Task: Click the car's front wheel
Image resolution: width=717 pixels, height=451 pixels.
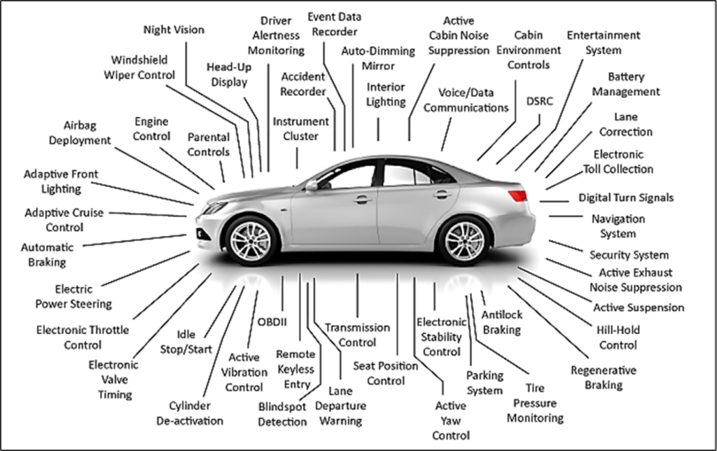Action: [250, 241]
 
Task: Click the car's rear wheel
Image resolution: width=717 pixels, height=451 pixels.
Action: [464, 241]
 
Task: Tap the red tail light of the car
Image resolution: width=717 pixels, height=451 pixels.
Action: [518, 196]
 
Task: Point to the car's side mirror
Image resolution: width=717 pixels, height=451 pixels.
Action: [312, 185]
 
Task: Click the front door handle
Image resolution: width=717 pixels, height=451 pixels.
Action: [363, 200]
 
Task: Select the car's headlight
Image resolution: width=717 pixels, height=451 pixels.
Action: [215, 208]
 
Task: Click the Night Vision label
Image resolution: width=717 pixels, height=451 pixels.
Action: [174, 29]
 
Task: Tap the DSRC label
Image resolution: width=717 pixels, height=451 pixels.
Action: [540, 101]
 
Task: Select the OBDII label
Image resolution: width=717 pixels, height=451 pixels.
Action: [272, 322]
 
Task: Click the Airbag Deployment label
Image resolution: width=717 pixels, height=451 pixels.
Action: [80, 132]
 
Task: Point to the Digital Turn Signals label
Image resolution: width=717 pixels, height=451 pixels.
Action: [626, 197]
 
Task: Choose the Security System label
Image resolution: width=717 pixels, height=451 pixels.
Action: [629, 255]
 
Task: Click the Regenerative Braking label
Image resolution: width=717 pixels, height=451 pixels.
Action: [604, 377]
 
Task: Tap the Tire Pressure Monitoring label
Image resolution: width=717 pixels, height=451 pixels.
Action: [535, 403]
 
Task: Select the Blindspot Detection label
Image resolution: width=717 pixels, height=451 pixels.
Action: [282, 414]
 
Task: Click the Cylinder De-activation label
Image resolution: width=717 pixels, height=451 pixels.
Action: [190, 413]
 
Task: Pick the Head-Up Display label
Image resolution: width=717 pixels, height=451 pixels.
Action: [229, 74]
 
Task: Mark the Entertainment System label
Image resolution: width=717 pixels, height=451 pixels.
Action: [604, 43]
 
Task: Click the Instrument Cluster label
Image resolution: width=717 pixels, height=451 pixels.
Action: [300, 129]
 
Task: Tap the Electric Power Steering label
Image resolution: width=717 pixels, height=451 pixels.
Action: [74, 296]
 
